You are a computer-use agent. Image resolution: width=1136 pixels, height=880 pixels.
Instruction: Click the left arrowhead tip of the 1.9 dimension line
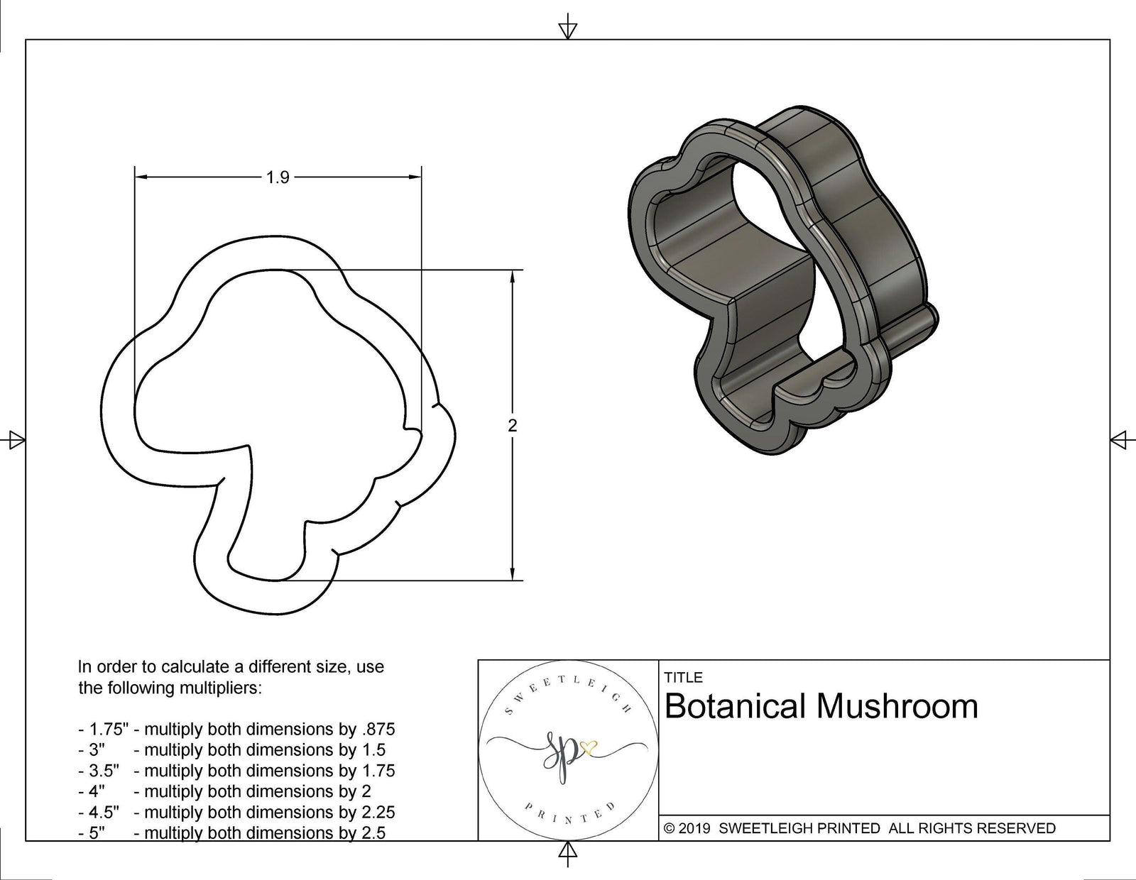tap(136, 177)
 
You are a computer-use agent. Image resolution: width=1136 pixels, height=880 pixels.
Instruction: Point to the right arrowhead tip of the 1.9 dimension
tap(421, 177)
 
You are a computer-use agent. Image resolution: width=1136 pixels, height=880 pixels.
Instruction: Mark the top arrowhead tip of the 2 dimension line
tap(513, 270)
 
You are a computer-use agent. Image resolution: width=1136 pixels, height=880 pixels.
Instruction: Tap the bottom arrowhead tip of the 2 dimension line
tap(513, 580)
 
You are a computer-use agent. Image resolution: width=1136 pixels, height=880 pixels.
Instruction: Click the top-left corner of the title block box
tap(479, 660)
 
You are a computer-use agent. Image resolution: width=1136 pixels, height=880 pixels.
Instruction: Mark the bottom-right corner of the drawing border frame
tap(1110, 841)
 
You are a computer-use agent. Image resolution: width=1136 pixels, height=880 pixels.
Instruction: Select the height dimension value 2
tap(513, 425)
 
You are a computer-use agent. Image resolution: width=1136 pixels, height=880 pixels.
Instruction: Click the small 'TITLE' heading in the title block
tap(683, 678)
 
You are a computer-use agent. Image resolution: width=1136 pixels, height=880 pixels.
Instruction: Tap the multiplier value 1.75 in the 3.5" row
tap(378, 771)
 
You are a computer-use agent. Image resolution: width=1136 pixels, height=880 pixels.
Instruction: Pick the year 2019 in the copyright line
tap(694, 828)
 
